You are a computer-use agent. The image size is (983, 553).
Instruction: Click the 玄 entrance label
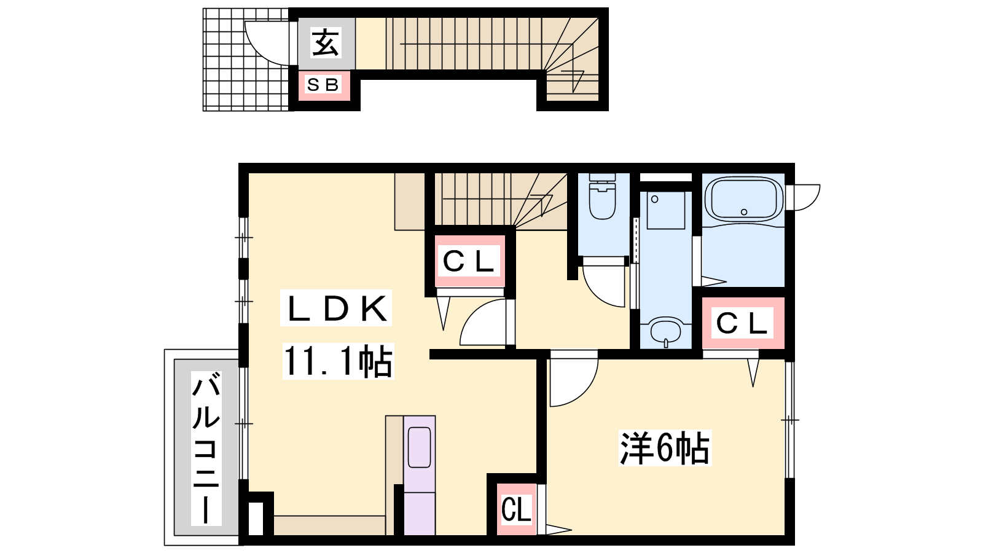click(x=326, y=42)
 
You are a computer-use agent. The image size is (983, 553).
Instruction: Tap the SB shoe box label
click(x=324, y=85)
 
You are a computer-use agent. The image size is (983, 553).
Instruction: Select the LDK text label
click(x=336, y=308)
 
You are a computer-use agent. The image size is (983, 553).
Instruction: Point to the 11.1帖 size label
click(x=339, y=361)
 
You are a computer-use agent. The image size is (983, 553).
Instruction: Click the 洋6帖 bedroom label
click(x=665, y=448)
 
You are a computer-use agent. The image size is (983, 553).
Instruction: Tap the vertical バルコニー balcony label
click(x=206, y=448)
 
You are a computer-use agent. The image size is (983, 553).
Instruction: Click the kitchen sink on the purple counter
click(x=420, y=448)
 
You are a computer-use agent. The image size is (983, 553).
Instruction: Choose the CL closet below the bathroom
click(x=743, y=323)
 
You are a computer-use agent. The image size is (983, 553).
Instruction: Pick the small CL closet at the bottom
click(x=517, y=509)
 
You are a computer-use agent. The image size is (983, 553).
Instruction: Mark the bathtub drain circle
click(x=744, y=212)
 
